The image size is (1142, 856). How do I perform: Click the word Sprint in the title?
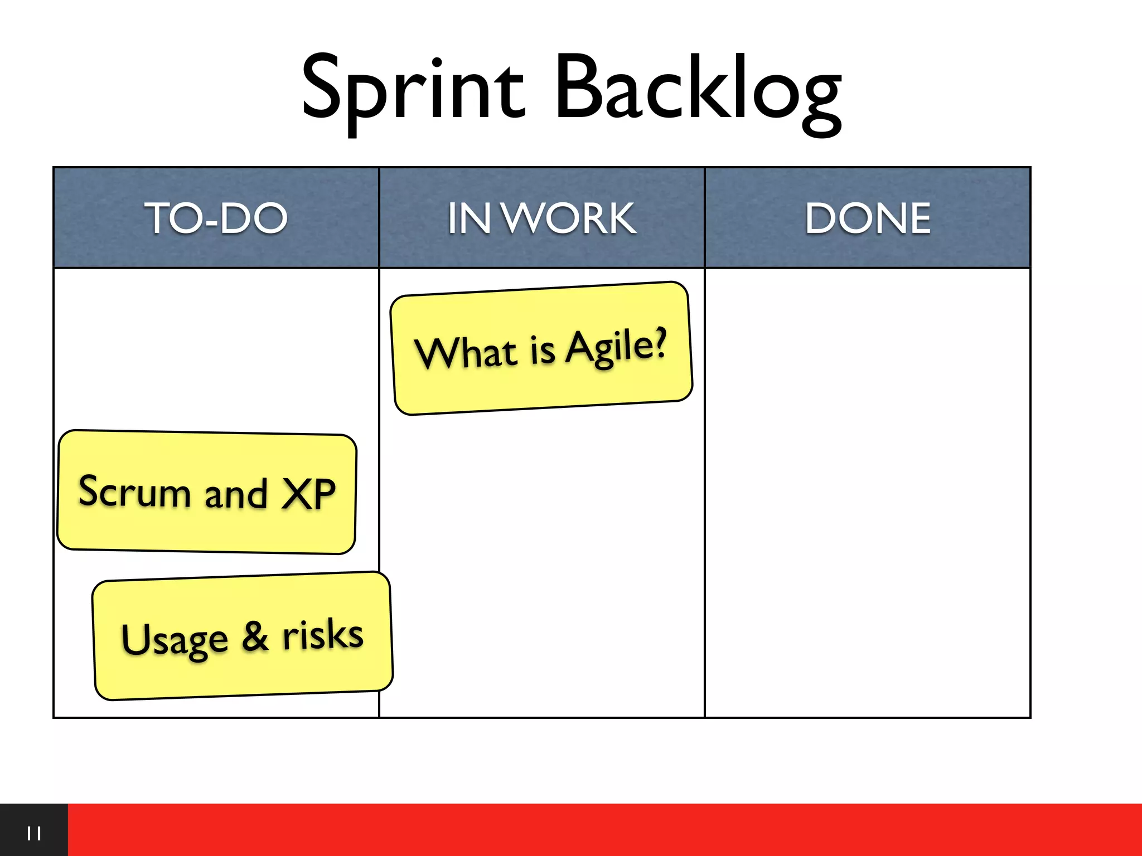point(413,89)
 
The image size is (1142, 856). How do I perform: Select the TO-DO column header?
point(216,218)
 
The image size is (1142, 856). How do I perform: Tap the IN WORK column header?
point(541,218)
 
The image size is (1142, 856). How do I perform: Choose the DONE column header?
point(868,218)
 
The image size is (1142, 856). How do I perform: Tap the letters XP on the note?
point(308,494)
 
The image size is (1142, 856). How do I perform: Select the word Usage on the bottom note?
point(175,639)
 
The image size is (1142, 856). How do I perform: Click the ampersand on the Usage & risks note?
point(255,636)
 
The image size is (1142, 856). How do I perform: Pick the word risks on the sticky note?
point(323,634)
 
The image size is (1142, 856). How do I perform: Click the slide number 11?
point(34,834)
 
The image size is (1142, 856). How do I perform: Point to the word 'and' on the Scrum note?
point(236,494)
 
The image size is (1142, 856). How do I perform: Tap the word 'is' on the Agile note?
point(542,351)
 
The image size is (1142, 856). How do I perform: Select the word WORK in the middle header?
point(569,218)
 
